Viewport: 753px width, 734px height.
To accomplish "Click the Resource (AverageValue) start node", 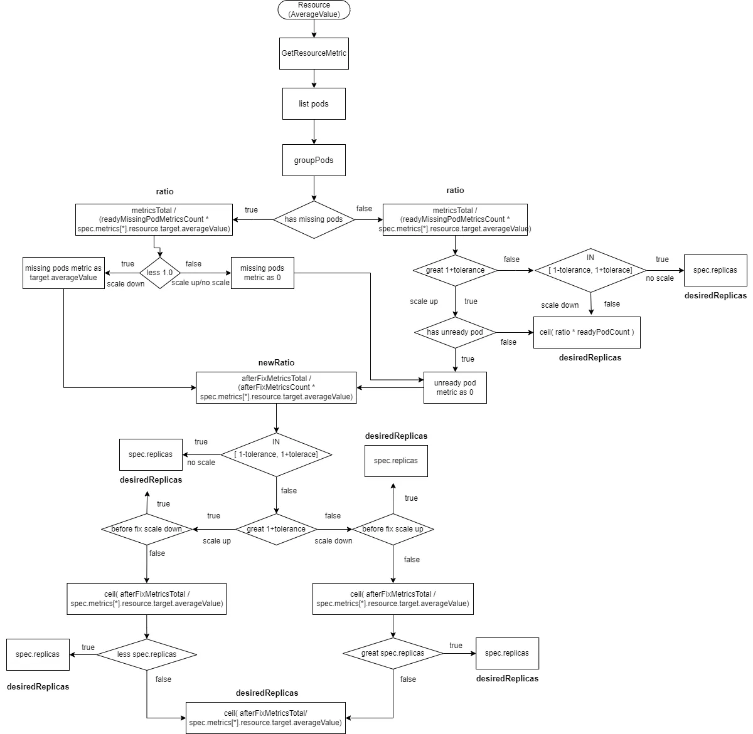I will (x=314, y=9).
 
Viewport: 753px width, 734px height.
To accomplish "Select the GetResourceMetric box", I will (x=314, y=53).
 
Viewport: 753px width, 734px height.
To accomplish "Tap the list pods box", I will (x=314, y=103).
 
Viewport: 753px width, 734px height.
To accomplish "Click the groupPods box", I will (x=314, y=160).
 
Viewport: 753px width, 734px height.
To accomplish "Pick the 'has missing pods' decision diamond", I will (x=314, y=219).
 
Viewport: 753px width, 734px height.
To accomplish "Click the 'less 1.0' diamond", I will (x=159, y=273).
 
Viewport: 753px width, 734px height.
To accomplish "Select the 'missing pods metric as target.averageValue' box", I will (x=63, y=273).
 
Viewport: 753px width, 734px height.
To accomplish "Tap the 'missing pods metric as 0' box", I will (x=262, y=273).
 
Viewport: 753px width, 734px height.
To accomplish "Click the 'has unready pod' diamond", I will (x=455, y=332).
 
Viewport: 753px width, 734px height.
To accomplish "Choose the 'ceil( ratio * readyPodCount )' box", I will (x=587, y=332).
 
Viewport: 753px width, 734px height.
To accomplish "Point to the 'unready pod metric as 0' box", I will (x=455, y=387).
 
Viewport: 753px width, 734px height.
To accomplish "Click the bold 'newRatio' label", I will (x=276, y=363).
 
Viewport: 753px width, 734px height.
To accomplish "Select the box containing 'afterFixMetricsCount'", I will (x=276, y=387).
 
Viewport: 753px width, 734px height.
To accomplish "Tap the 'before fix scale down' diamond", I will (x=147, y=529).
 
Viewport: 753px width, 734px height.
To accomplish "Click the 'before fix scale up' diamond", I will (x=393, y=529).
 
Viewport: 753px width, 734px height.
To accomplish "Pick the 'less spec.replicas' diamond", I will (x=147, y=654).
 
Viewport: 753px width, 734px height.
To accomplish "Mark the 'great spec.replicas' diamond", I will (x=393, y=653).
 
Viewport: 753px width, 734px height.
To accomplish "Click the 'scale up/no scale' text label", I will (x=201, y=283).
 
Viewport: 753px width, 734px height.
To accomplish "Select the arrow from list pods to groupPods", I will (x=314, y=132).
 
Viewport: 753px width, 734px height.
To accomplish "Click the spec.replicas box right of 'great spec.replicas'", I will (x=507, y=653).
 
